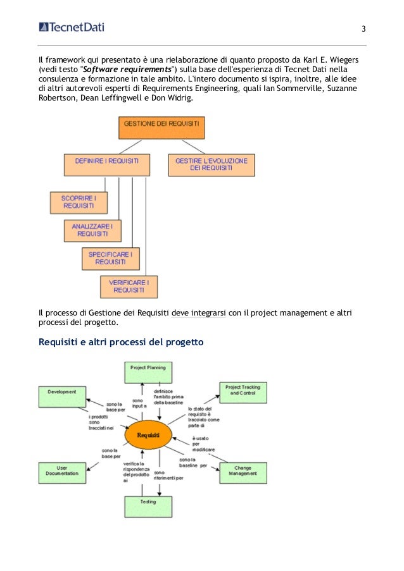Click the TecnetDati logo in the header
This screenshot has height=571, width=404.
[72, 27]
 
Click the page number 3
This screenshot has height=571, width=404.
[363, 30]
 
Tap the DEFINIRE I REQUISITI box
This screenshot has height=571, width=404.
[106, 164]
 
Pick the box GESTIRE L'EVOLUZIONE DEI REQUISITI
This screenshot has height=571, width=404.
[211, 164]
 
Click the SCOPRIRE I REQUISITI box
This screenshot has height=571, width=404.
[79, 202]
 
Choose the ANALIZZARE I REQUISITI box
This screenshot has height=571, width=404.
[92, 230]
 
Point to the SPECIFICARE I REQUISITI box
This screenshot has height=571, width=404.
[111, 258]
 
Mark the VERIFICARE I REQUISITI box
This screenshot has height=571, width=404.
[129, 286]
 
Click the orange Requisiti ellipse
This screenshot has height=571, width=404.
[151, 436]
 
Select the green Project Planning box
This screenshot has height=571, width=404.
[148, 372]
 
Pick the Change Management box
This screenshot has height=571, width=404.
[243, 473]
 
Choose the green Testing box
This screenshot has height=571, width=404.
[148, 506]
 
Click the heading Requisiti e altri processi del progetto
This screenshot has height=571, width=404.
[121, 343]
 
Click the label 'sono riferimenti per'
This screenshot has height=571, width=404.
[167, 476]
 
